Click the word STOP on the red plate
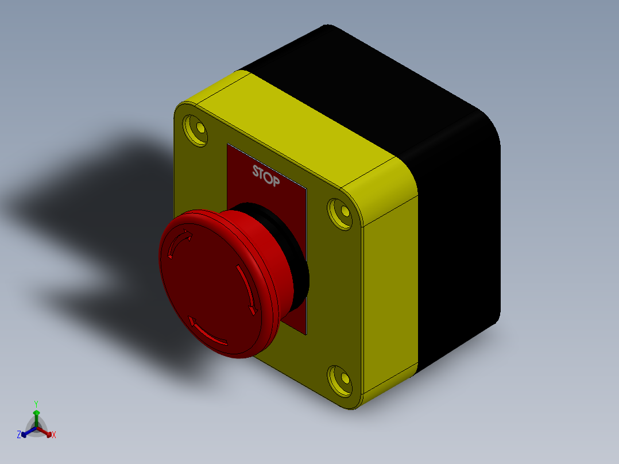[x=266, y=176]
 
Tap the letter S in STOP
[x=256, y=171]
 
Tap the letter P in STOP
[x=276, y=181]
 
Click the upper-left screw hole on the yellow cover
[x=196, y=130]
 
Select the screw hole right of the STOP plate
[x=340, y=214]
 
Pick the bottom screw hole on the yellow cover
[x=340, y=381]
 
